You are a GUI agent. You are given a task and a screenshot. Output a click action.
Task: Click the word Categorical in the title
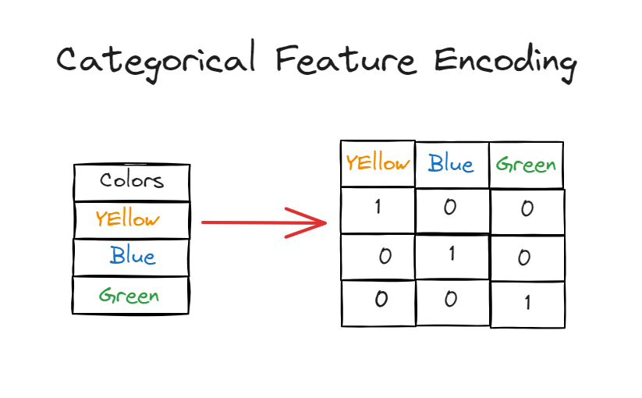tap(156, 62)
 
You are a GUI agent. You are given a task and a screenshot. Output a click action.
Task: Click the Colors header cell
tap(132, 181)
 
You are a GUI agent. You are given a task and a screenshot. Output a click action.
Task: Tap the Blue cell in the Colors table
tap(132, 256)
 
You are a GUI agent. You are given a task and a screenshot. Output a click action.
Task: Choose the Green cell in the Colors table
tap(129, 296)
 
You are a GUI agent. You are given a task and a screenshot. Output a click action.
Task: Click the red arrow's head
tap(316, 222)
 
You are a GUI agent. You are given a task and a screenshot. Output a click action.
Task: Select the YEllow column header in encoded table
tap(378, 163)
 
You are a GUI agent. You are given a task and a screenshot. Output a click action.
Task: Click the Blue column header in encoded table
tap(451, 165)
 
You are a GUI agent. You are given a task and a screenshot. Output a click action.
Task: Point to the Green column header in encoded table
tap(526, 165)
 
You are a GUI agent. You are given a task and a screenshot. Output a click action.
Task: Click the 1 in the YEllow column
tap(378, 208)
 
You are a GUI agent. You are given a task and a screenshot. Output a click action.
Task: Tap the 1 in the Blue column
tap(452, 254)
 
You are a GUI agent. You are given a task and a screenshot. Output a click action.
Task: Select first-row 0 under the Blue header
tap(451, 208)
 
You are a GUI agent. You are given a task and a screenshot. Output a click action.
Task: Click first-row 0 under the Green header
tap(527, 210)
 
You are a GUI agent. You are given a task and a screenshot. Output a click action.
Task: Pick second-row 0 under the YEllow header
tap(384, 257)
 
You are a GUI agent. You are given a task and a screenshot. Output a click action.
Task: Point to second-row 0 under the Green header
tap(524, 258)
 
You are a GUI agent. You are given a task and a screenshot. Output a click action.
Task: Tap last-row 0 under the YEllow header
tap(381, 300)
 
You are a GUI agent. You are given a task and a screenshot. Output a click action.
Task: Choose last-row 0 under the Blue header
tap(450, 300)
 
